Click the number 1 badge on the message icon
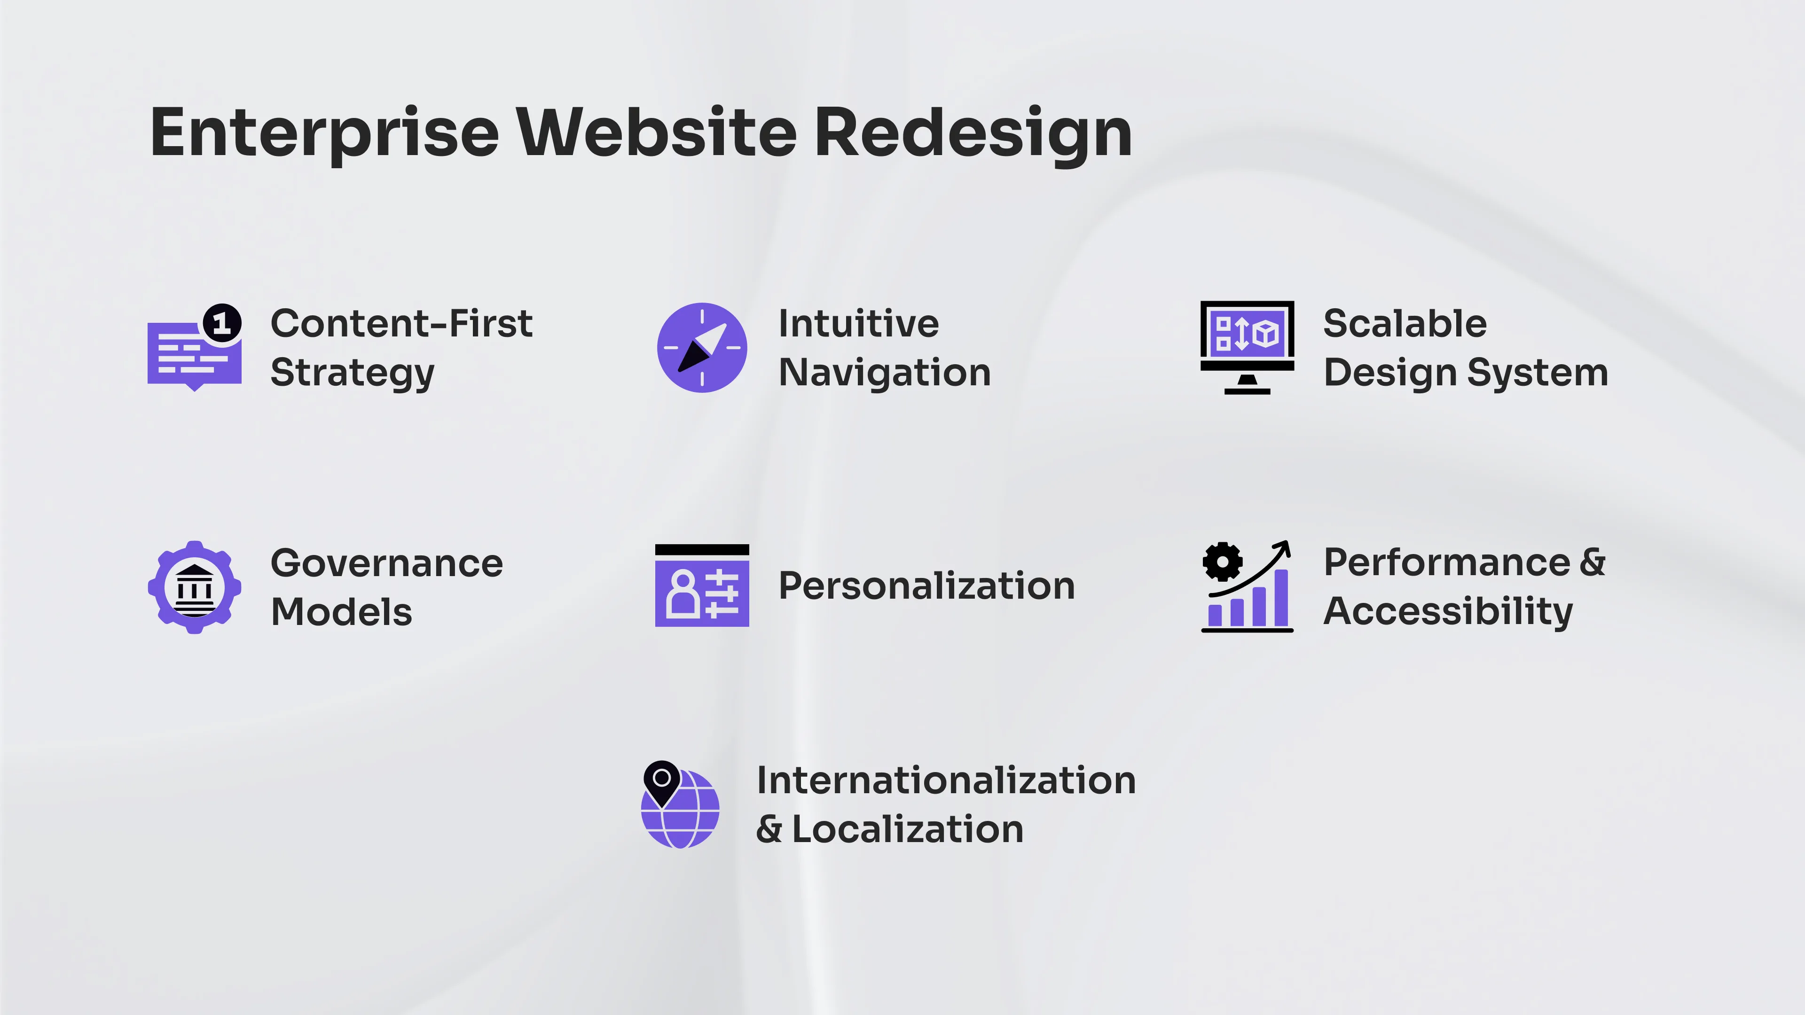pyautogui.click(x=222, y=323)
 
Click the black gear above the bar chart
pyautogui.click(x=1222, y=561)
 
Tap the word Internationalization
pyautogui.click(x=946, y=781)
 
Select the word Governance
pyautogui.click(x=387, y=563)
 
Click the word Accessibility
pyautogui.click(x=1448, y=611)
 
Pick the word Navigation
pyautogui.click(x=884, y=372)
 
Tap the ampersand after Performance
pyautogui.click(x=1593, y=562)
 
